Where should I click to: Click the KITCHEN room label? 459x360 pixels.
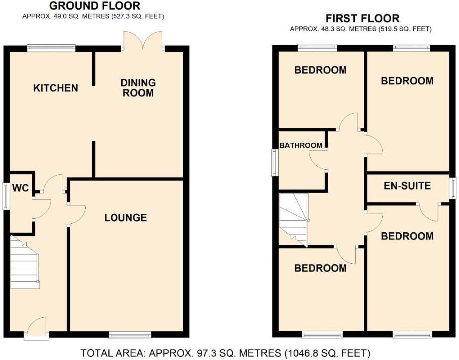click(x=55, y=88)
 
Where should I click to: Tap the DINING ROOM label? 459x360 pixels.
click(x=138, y=88)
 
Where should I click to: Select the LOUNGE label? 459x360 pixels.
click(x=125, y=218)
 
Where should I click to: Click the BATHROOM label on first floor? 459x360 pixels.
click(x=300, y=145)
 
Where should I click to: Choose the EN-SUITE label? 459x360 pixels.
click(x=407, y=187)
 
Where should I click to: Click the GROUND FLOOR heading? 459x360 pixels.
click(x=95, y=6)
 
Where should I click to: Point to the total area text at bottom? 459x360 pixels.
click(x=226, y=353)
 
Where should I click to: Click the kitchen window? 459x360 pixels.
click(x=51, y=48)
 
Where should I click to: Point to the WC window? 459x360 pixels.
click(x=7, y=196)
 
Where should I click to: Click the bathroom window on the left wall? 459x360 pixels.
click(x=275, y=162)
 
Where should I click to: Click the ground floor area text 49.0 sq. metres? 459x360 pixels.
click(x=94, y=16)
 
